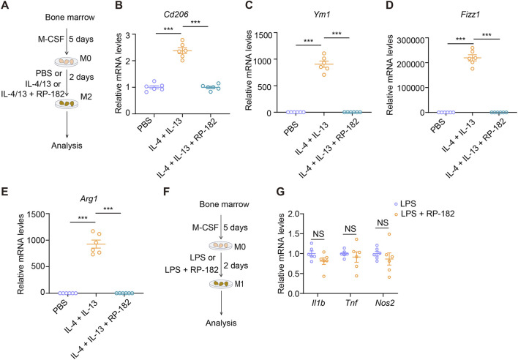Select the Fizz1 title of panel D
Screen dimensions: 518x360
coord(470,14)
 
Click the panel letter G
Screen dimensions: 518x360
coord(280,192)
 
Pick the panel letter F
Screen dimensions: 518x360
coord(167,192)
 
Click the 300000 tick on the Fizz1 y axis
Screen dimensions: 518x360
coord(410,40)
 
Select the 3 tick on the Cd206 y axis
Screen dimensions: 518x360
coord(128,34)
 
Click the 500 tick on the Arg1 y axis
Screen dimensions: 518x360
coord(38,266)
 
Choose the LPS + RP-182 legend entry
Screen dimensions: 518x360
coord(424,214)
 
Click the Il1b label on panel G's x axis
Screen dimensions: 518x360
coord(318,302)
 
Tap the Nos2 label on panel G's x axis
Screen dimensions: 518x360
coord(385,302)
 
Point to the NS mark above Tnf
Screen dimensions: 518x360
coord(350,228)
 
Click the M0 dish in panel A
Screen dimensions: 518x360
coord(67,61)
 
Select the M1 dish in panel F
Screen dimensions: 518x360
coord(221,283)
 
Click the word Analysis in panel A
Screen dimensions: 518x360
coord(67,146)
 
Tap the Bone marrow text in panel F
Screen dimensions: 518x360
coord(225,204)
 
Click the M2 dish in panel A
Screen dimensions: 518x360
coord(67,104)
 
